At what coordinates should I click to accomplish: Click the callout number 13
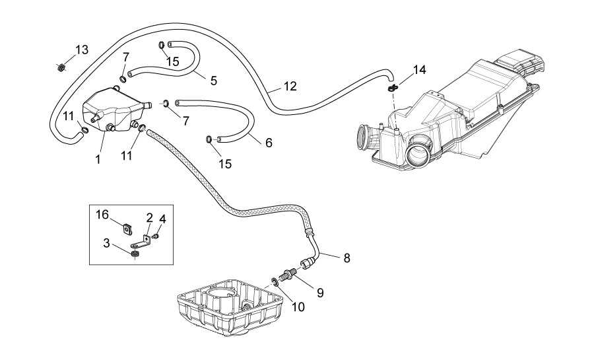(x=82, y=50)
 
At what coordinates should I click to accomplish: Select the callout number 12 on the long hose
(x=290, y=87)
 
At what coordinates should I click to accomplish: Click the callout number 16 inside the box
(x=102, y=215)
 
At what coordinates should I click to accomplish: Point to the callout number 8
(x=346, y=258)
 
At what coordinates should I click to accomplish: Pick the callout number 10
(x=298, y=307)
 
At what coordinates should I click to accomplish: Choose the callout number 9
(x=320, y=293)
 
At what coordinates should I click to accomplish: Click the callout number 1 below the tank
(x=98, y=160)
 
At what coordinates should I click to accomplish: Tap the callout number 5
(x=214, y=81)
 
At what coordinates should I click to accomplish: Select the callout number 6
(x=269, y=143)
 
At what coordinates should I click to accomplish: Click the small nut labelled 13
(x=60, y=68)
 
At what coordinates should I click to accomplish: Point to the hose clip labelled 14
(x=393, y=88)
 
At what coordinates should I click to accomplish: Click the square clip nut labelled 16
(x=127, y=229)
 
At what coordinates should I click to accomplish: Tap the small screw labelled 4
(x=155, y=236)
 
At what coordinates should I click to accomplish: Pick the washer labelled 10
(x=275, y=281)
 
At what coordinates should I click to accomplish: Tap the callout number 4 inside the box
(x=162, y=219)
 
